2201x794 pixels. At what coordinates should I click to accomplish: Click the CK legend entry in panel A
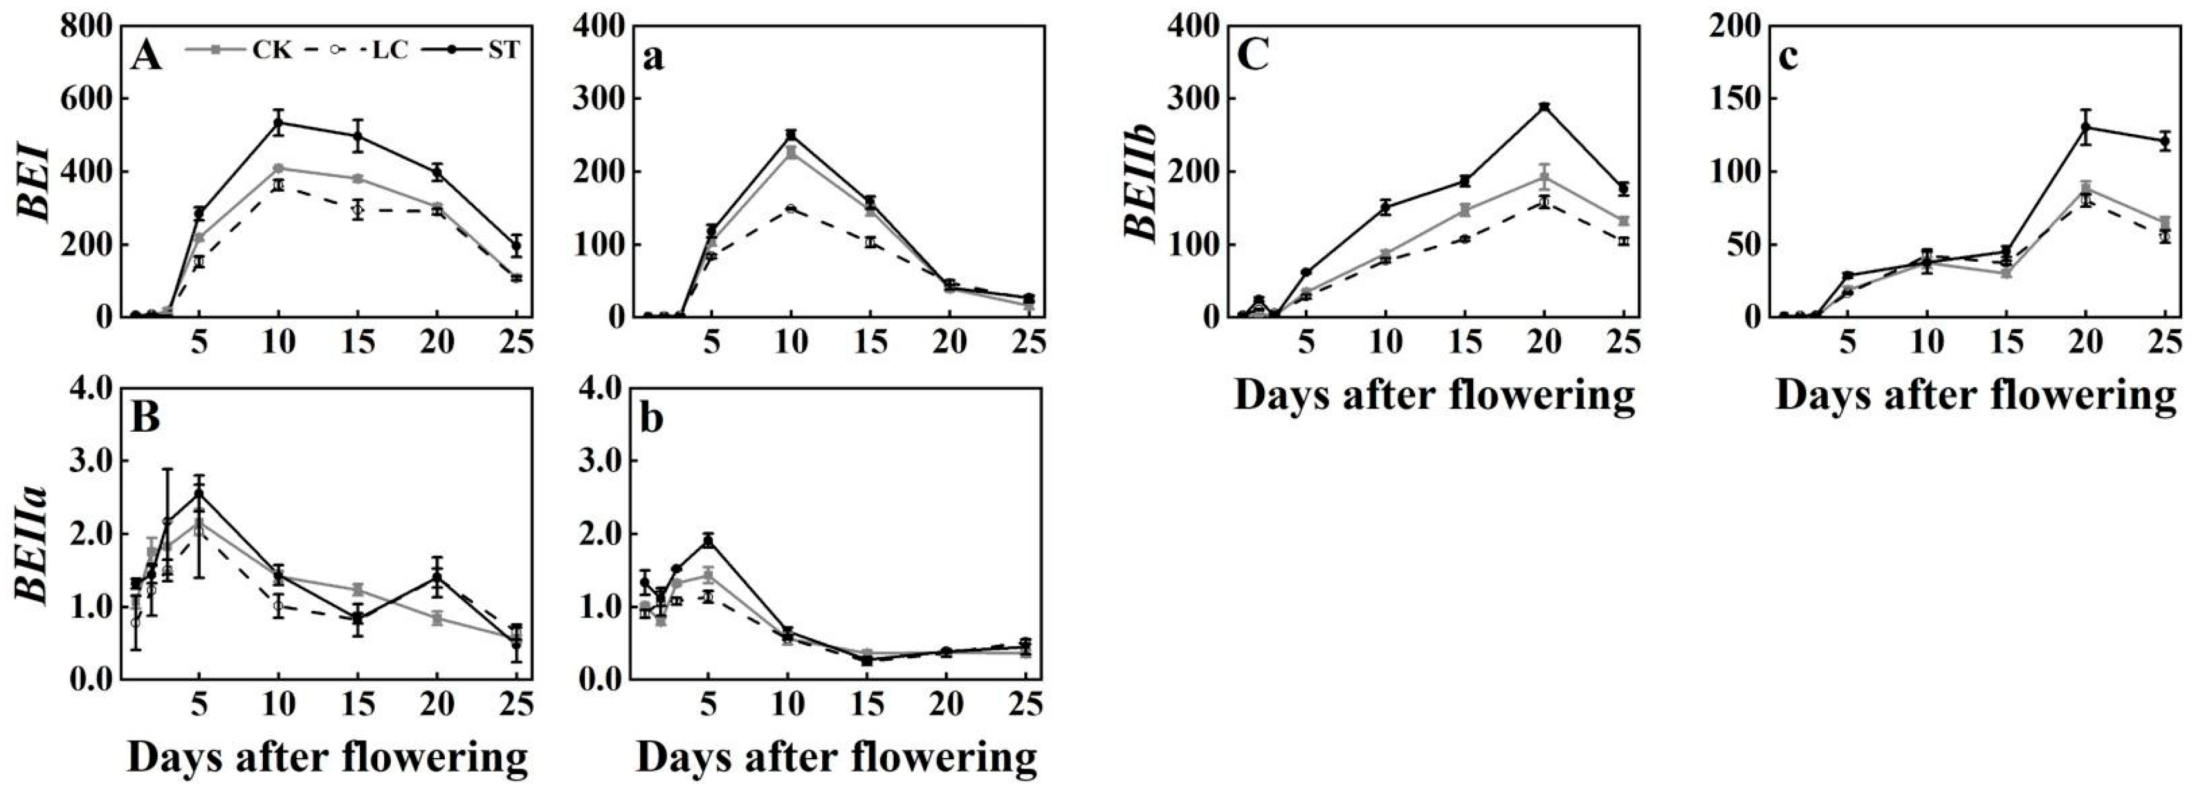pos(239,50)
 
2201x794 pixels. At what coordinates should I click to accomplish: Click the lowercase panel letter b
pos(652,420)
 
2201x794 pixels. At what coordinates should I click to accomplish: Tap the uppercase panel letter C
pos(1253,58)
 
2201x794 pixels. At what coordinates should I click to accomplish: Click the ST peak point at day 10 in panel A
pos(278,122)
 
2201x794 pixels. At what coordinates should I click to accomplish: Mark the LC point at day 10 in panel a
pos(791,208)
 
